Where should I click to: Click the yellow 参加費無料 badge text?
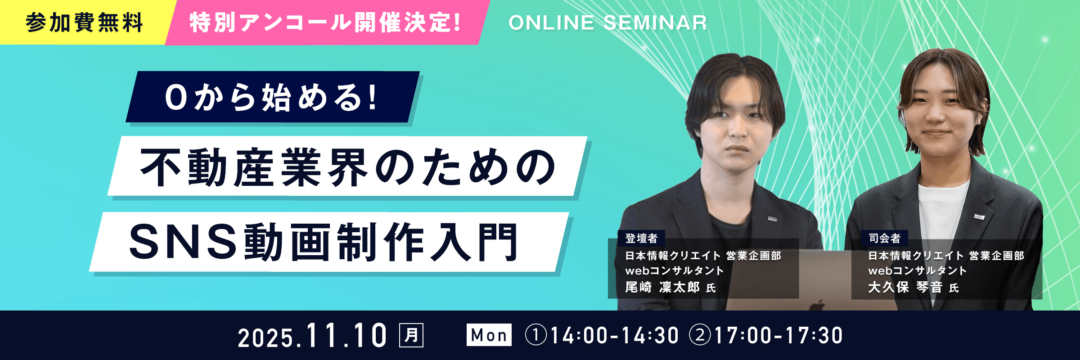click(x=84, y=22)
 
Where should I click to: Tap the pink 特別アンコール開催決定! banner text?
click(x=325, y=22)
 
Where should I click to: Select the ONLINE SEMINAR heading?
click(x=607, y=22)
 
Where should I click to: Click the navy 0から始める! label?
click(x=271, y=97)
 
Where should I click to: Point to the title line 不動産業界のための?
click(x=348, y=167)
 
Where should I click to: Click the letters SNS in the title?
click(x=183, y=242)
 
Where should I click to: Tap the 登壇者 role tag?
click(x=641, y=238)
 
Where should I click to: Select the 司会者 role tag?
click(x=885, y=238)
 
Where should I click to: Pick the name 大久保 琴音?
click(x=905, y=287)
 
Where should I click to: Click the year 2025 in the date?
click(x=265, y=338)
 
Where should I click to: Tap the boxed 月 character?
click(x=411, y=335)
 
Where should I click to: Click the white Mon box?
click(x=489, y=335)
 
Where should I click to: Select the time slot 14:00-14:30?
click(x=614, y=336)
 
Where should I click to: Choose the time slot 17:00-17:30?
click(x=778, y=336)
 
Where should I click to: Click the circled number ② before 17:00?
click(x=700, y=336)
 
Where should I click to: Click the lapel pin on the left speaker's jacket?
click(x=773, y=219)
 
